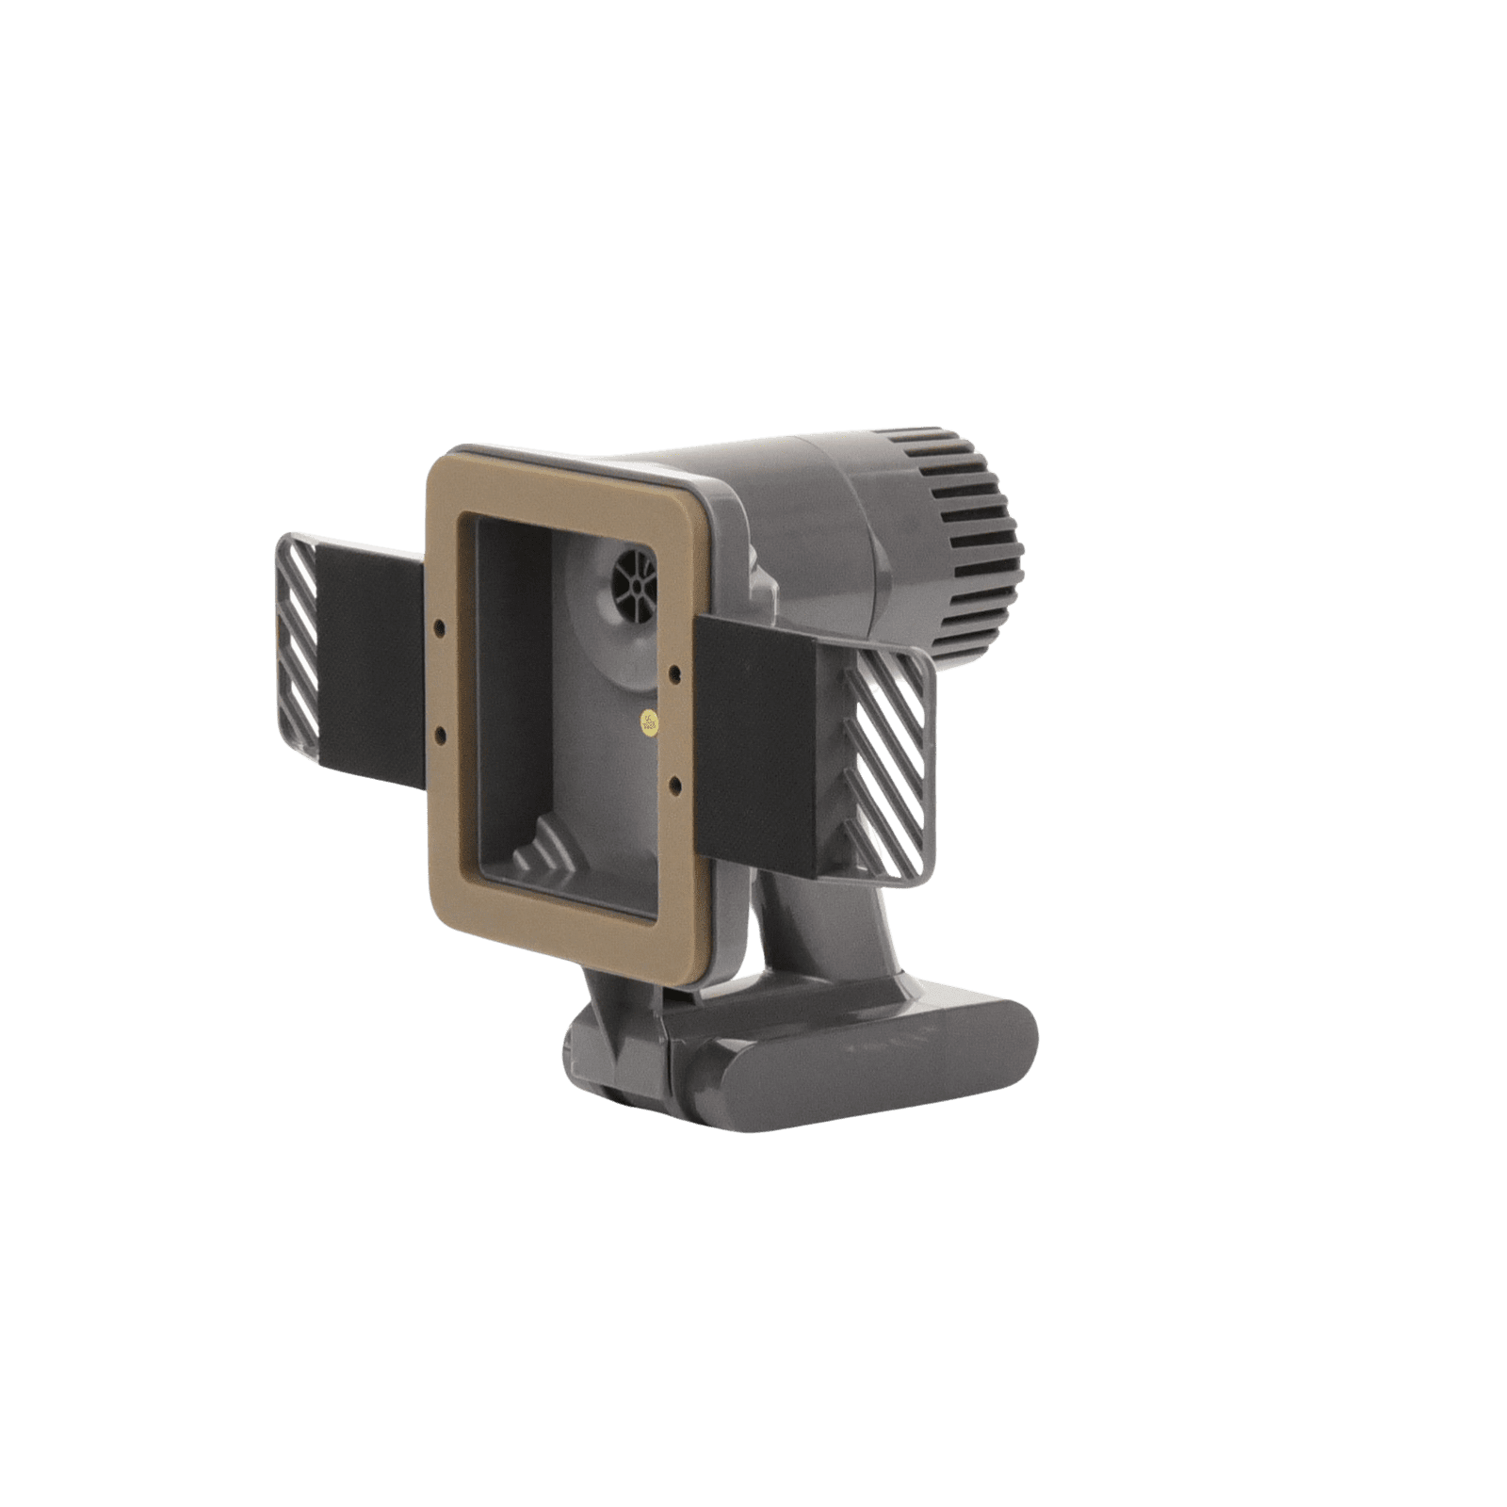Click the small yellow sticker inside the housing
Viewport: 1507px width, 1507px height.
point(648,723)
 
